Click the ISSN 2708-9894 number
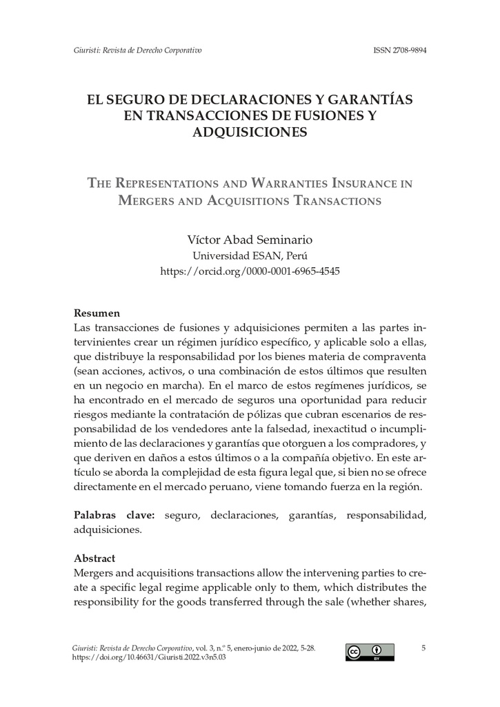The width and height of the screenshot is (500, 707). (x=399, y=50)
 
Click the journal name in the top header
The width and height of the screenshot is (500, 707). (x=137, y=50)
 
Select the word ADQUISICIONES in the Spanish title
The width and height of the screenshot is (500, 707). (x=249, y=132)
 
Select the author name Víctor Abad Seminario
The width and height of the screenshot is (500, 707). (x=250, y=240)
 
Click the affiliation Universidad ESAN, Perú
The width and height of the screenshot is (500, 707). (x=250, y=255)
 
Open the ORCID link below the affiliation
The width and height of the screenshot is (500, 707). (x=250, y=271)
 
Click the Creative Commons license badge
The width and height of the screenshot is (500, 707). (x=370, y=652)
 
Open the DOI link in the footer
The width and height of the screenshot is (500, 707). (x=149, y=658)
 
